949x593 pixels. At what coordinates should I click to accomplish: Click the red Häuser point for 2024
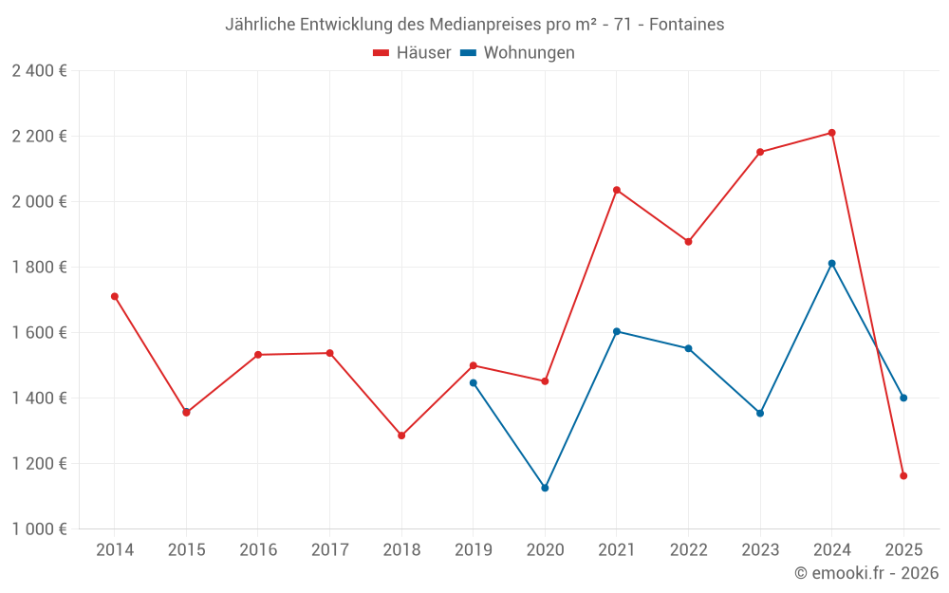831,133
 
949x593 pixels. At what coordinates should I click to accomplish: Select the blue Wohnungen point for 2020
545,488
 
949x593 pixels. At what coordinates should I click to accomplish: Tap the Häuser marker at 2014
115,296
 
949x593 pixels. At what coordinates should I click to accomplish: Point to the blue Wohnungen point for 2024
831,263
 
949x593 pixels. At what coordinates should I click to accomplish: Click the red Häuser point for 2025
903,475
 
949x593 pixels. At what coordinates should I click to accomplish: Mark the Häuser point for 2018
401,435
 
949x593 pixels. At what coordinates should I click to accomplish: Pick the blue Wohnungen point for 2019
474,382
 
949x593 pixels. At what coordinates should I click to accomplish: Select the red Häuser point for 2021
617,190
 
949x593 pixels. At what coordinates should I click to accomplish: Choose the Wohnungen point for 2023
760,413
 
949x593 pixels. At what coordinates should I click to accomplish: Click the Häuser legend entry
412,53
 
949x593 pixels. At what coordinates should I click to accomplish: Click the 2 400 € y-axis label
39,71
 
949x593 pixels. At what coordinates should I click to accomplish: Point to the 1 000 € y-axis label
39,529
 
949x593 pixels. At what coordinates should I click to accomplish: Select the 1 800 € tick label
39,268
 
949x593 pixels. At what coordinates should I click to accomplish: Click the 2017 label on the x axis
329,550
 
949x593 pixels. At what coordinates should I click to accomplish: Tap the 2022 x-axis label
688,550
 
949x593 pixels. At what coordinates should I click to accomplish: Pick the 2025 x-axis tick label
903,550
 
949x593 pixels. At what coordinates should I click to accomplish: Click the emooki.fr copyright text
866,573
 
